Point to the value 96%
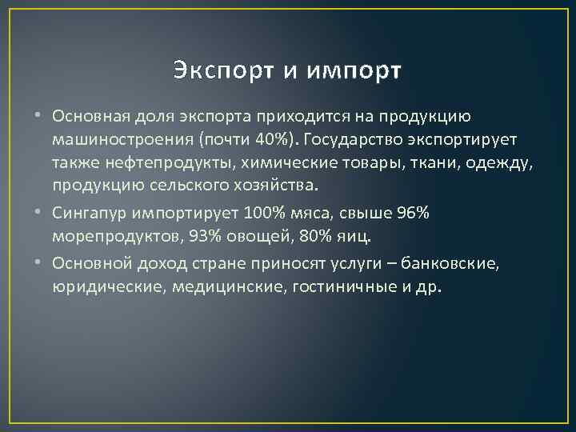(x=414, y=214)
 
